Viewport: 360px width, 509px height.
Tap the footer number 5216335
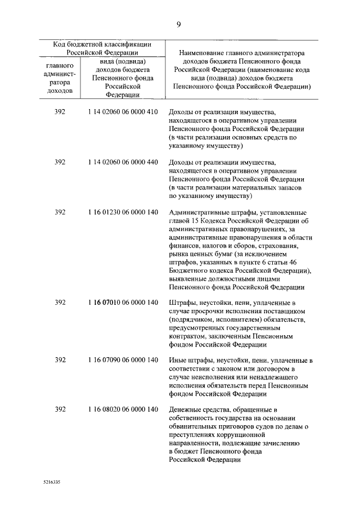point(52,483)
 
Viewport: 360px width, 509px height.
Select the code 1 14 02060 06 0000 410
point(123,112)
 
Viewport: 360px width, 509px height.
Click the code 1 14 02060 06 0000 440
point(123,163)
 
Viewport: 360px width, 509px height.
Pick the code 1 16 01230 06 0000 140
point(123,213)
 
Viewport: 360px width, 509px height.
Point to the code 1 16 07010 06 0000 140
point(123,303)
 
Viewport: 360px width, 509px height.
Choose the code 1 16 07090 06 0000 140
point(123,361)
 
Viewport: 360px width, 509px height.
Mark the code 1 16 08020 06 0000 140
point(123,409)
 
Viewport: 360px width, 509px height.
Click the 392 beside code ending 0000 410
point(60,112)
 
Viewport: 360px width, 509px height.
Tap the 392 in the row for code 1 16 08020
point(60,409)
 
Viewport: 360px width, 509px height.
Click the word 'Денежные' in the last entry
point(185,409)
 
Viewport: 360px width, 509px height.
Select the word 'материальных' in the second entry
point(259,188)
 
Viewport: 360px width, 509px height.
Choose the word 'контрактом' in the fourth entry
point(187,336)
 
